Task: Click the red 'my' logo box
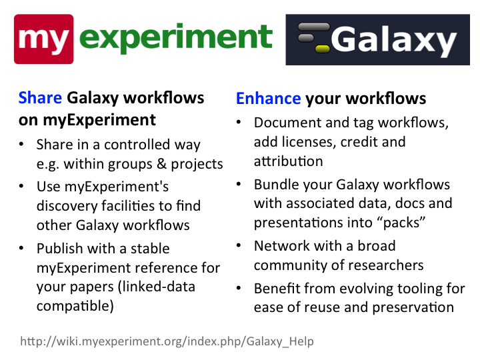tap(44, 39)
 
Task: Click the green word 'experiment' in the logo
tap(176, 39)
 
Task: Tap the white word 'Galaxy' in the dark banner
tap(394, 41)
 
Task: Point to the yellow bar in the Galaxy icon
tap(323, 49)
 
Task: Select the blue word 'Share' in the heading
tap(40, 98)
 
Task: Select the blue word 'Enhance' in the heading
tap(269, 99)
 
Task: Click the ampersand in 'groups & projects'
tap(161, 164)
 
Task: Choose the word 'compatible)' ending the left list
tap(75, 306)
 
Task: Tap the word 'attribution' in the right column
tap(289, 161)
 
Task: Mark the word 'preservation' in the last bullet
tap(413, 307)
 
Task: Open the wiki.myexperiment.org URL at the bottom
tap(167, 341)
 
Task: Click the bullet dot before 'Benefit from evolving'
tap(239, 288)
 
